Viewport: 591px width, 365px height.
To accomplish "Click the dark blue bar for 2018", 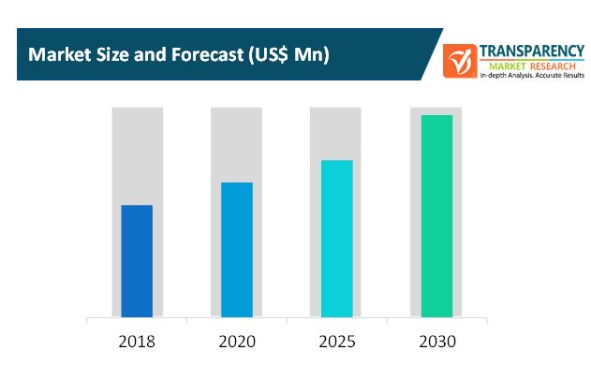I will tap(137, 260).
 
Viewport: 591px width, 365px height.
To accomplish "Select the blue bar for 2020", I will tap(236, 249).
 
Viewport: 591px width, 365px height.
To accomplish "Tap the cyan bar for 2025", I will tap(336, 238).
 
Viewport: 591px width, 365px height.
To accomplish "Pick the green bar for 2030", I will tap(436, 215).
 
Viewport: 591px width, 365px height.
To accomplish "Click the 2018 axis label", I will tap(137, 341).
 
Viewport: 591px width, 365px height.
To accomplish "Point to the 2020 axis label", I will tap(236, 341).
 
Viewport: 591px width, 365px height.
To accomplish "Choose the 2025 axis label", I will tap(336, 341).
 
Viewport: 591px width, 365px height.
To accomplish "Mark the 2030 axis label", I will tap(436, 341).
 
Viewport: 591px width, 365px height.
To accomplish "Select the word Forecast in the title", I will tap(201, 54).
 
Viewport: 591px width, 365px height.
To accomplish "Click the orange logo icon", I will tap(460, 61).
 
